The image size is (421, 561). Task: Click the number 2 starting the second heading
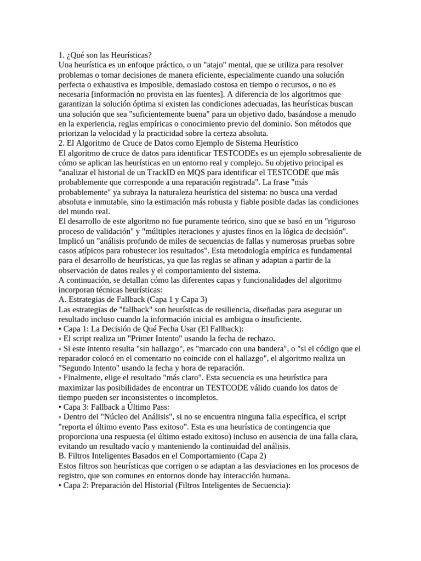pos(60,144)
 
